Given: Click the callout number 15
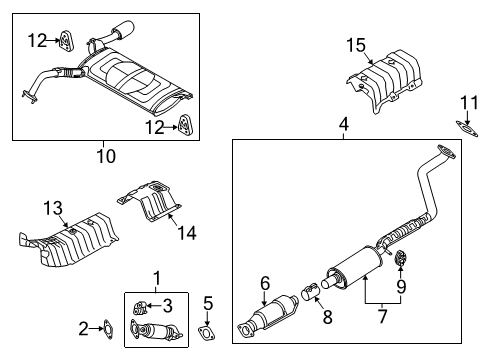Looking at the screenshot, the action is coord(356,45).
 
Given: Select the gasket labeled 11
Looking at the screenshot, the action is coord(467,129).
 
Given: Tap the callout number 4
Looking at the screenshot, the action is coord(344,124).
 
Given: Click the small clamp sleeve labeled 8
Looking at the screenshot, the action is coord(310,291).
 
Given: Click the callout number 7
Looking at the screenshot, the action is coord(382,316).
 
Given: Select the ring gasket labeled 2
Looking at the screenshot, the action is coord(108,329).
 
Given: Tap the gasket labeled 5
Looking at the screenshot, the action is coord(207,334).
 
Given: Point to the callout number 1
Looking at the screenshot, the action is coord(157,279).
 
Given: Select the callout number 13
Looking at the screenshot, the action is coord(53,208).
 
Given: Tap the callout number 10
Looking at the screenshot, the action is coord(106,156).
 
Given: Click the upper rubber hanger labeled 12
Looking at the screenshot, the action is coord(66,41).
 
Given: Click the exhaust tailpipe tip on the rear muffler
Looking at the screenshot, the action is coord(124,28).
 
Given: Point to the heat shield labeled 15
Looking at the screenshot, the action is coord(383,81).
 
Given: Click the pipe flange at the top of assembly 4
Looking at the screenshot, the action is coord(446,151).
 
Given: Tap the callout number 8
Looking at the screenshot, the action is coord(327,317).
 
